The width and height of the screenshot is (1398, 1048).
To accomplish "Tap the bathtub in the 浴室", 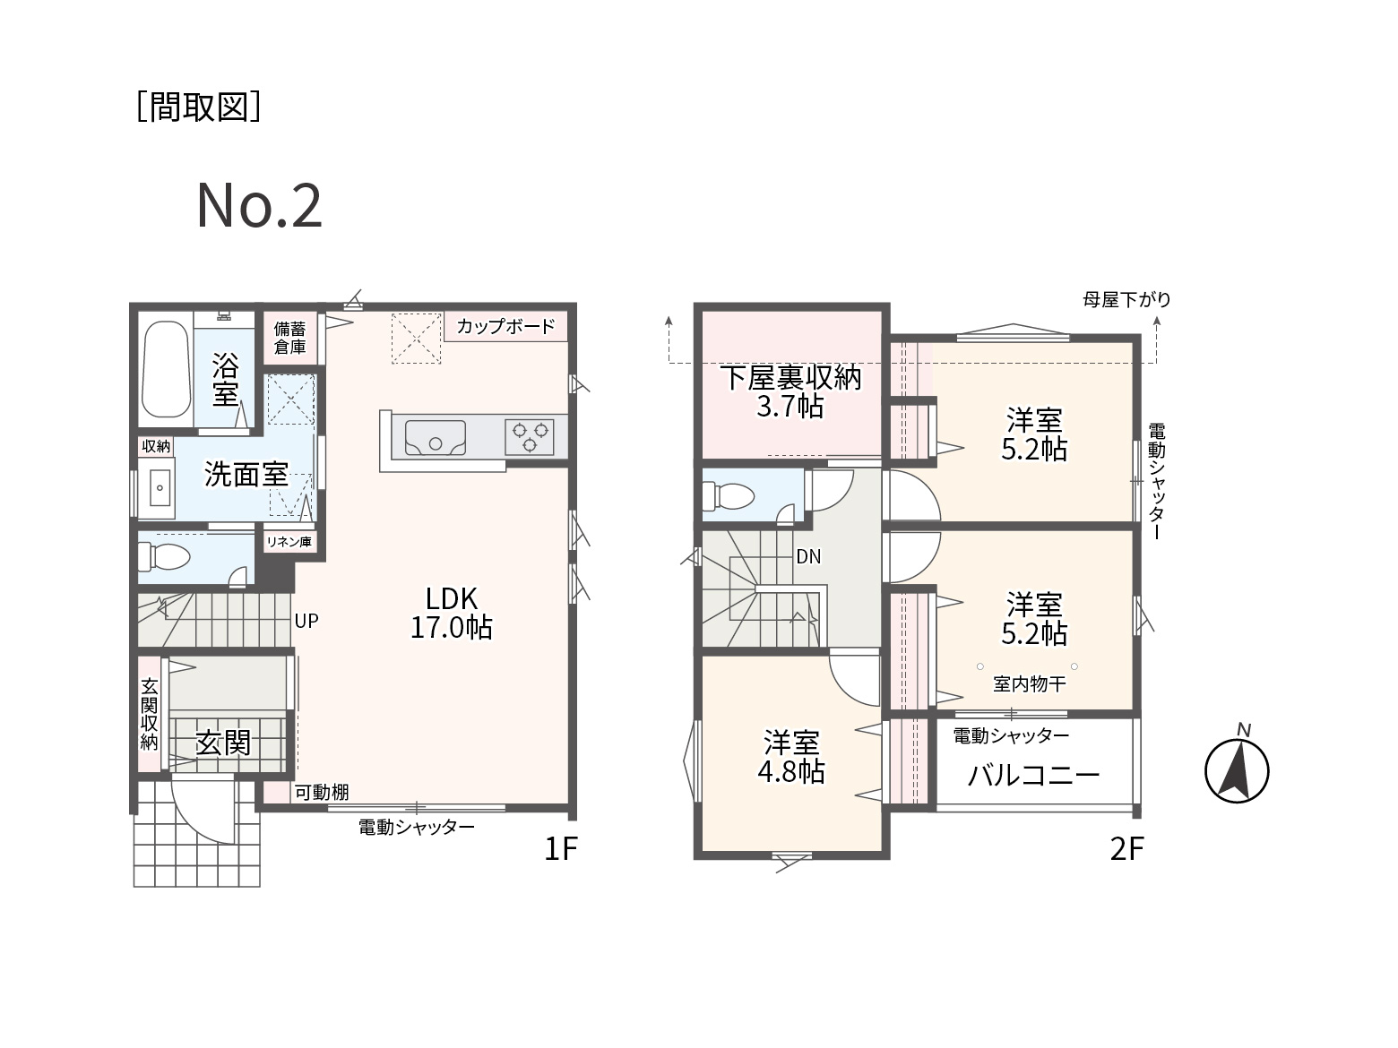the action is [166, 370].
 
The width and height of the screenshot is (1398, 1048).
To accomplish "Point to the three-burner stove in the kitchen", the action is [530, 437].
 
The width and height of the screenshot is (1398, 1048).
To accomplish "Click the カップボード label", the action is [505, 326].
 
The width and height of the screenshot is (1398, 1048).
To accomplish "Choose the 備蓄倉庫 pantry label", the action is [289, 338].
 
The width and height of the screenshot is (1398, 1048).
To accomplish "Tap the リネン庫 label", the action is [289, 542].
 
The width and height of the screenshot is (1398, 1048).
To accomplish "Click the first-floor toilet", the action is [164, 557].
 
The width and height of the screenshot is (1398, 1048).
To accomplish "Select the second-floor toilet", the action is [729, 495].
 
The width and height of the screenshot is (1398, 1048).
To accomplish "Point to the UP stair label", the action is [306, 621].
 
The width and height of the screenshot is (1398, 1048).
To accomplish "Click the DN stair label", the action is [808, 557].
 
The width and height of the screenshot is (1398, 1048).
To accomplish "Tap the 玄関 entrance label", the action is [223, 742].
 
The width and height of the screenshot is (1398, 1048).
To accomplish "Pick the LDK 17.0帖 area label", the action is [451, 613].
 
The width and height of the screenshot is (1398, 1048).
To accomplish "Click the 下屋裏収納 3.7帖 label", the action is [790, 391].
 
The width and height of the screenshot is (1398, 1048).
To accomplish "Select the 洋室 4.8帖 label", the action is [791, 757].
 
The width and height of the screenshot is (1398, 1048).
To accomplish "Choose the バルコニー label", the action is [1033, 775].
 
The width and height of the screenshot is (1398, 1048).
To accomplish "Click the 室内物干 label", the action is [1030, 684].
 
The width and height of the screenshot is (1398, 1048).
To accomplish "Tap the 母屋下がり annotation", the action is [1126, 299].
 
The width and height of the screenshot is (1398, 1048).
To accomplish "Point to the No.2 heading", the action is [259, 205].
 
